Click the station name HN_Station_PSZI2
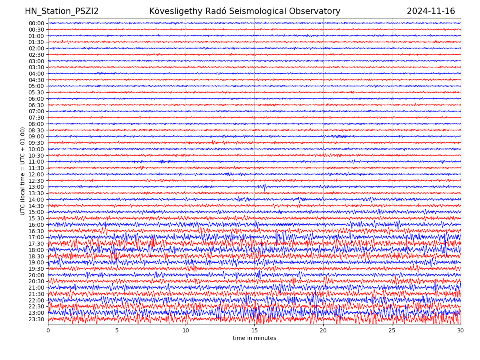coord(62,11)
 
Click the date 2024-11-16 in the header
coord(431,11)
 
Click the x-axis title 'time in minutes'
coord(254,338)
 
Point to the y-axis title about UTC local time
coord(23,171)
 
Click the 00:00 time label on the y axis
coord(36,23)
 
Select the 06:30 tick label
coord(36,105)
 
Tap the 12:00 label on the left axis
coord(36,174)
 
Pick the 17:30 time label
coord(36,244)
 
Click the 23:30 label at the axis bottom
coord(36,319)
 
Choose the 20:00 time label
coord(36,275)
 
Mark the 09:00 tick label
coord(36,136)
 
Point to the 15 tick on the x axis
coord(254,330)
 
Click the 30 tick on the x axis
coord(461,330)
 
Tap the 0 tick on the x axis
coord(48,330)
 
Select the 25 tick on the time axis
coord(392,330)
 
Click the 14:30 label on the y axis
coord(36,206)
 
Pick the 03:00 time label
coord(36,61)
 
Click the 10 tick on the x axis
coord(186,330)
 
